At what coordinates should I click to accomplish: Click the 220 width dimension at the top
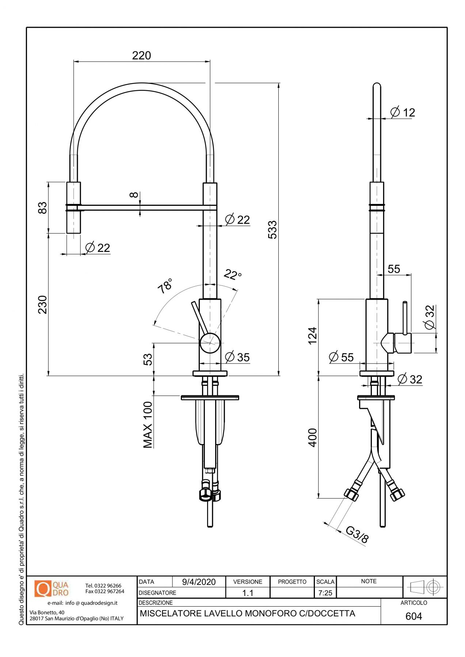141,55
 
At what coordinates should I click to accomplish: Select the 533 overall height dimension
272,230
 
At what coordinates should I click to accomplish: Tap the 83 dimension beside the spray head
43,208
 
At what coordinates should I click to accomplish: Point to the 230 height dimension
43,304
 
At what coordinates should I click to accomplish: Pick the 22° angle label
233,274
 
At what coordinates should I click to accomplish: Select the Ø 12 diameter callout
403,112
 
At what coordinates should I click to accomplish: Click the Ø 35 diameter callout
237,357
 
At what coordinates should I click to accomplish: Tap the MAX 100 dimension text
148,424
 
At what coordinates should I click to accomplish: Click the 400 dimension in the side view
313,437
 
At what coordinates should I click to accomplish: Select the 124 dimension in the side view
313,335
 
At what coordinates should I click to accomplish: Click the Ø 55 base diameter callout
341,357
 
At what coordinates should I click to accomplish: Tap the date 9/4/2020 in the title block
199,582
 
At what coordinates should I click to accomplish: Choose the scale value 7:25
325,593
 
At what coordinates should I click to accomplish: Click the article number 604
413,616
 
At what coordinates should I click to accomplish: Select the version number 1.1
248,593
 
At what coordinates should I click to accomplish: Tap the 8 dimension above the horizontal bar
134,195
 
